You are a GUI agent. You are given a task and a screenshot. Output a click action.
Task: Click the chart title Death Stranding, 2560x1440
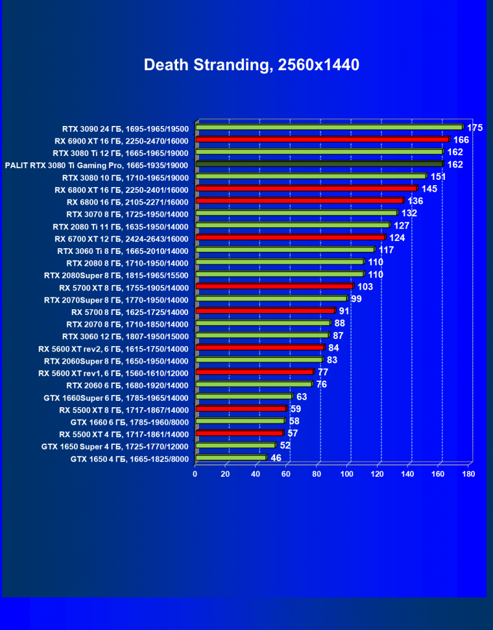coord(251,65)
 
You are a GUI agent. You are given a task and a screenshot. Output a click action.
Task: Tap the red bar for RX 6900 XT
coord(322,140)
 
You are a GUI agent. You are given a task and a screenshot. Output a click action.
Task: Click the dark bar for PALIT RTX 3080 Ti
coord(319,164)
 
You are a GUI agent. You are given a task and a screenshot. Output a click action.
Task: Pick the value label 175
coord(475,127)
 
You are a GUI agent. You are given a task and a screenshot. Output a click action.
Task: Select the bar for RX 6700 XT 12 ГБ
coord(290,238)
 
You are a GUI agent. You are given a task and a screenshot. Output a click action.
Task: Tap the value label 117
coord(387,250)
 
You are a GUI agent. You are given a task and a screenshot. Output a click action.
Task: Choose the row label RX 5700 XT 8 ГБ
coord(123,288)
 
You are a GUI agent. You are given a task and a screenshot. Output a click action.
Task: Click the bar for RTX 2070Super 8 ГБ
coord(271,299)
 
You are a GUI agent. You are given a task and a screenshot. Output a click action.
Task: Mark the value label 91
coord(344,311)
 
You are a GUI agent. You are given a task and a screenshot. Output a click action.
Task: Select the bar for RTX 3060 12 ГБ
coord(262,336)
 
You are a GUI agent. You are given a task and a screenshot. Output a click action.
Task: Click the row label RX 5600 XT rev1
coord(113,373)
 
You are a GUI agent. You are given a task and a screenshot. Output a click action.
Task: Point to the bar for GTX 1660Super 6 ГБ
coord(243,397)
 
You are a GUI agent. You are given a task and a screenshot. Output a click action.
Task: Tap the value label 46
coord(276,458)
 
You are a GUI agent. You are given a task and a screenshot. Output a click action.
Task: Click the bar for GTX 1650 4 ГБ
coord(230,458)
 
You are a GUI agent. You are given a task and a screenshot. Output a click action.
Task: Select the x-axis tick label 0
coord(195,474)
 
